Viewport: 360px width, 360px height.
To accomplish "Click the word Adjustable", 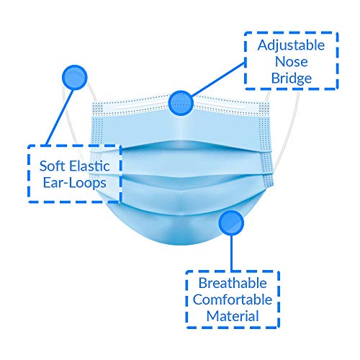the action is (291, 46).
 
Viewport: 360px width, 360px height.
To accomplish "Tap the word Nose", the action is (292, 62).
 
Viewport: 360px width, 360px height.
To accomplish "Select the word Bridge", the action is (292, 78).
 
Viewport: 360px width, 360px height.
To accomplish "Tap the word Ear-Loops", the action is (75, 183).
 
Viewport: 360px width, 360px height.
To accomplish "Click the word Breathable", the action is (233, 283).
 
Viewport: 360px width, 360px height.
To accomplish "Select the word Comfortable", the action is (233, 300).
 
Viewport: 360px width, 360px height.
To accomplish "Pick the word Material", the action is (233, 316).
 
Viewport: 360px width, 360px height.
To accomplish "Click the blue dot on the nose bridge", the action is (181, 103).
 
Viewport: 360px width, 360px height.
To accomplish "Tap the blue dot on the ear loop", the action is (74, 78).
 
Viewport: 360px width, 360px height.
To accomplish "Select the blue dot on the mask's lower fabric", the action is (231, 222).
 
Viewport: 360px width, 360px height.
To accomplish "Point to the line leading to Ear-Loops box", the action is (59, 117).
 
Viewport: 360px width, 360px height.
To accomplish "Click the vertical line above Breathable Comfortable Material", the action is (231, 253).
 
